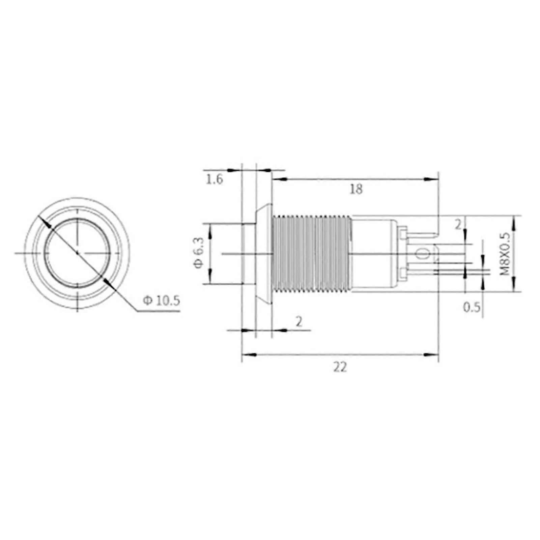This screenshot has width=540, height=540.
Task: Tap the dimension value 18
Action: point(356,189)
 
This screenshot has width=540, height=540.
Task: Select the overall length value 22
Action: point(340,367)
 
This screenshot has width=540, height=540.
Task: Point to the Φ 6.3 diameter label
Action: point(199,253)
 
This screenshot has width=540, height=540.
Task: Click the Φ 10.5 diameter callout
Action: point(162,301)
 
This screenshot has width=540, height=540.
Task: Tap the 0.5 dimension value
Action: point(472,307)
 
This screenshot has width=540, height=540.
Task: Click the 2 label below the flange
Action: point(299,322)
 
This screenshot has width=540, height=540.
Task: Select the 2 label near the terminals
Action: point(458,225)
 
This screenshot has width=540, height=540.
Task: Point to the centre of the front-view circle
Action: point(78,253)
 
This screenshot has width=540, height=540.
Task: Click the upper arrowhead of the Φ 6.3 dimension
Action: point(210,230)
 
